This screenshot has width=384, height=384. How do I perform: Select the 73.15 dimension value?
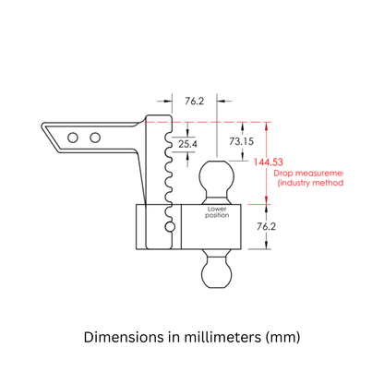(232, 141)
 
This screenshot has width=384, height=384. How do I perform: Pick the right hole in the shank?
(94, 138)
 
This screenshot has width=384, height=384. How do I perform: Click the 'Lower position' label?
(218, 211)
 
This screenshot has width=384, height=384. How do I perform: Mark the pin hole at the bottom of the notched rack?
(169, 225)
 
